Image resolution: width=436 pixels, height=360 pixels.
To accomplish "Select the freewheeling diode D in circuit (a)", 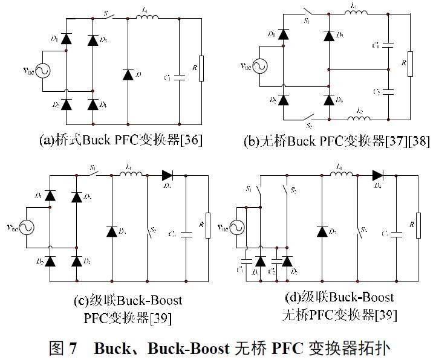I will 128,74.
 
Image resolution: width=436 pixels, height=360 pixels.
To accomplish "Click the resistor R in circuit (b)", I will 410,64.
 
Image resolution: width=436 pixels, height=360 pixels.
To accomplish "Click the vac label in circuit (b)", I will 246,66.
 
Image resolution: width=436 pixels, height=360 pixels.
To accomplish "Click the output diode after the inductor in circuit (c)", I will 168,176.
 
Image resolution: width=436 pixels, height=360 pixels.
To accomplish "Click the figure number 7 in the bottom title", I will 73,348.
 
